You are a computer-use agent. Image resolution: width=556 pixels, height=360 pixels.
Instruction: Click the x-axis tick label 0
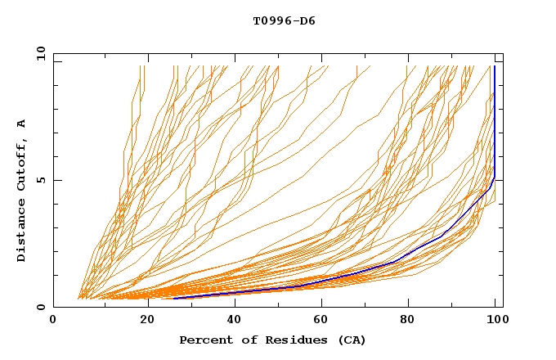click(x=53, y=322)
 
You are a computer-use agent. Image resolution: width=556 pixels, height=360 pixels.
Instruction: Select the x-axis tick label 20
click(x=142, y=322)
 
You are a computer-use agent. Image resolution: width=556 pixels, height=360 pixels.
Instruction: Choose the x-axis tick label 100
click(x=495, y=322)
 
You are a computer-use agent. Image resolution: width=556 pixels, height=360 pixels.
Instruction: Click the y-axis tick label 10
click(x=40, y=53)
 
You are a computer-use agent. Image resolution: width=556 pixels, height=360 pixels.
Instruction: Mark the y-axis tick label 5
click(x=43, y=180)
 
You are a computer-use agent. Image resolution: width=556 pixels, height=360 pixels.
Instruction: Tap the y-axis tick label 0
click(x=43, y=307)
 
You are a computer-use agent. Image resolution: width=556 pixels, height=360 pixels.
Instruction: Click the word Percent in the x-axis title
click(x=203, y=340)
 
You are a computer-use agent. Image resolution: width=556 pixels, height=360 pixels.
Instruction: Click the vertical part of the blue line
click(x=495, y=123)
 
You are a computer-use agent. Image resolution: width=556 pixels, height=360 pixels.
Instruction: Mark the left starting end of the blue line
click(x=174, y=299)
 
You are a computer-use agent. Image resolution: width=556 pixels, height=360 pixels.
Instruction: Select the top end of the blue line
click(x=495, y=66)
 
